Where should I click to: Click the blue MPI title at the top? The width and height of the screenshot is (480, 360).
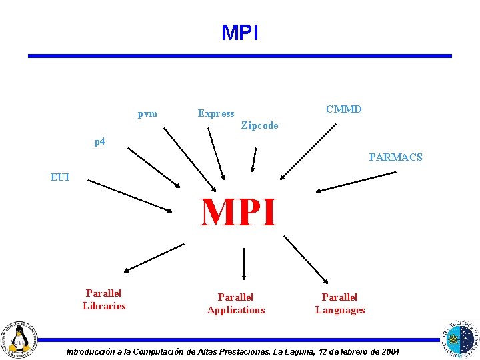click(239, 33)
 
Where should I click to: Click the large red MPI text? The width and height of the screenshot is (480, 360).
click(239, 213)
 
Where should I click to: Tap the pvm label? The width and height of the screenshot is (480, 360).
click(147, 113)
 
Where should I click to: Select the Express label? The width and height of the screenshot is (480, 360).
click(216, 113)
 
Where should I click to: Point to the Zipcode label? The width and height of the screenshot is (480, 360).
click(259, 125)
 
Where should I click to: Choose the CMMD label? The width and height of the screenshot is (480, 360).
click(343, 109)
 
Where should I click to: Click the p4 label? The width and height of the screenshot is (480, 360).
click(99, 141)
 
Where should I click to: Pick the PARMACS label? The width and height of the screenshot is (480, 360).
click(395, 157)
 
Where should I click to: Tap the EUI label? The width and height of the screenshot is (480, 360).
click(60, 177)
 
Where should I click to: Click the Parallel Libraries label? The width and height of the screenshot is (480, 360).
click(104, 300)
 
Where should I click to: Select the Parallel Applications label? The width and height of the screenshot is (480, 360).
click(236, 303)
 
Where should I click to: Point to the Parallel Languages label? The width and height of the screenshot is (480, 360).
click(340, 303)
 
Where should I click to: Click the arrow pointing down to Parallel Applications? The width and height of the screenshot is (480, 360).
click(244, 263)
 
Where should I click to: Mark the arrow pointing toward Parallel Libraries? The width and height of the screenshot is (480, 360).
click(153, 258)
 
